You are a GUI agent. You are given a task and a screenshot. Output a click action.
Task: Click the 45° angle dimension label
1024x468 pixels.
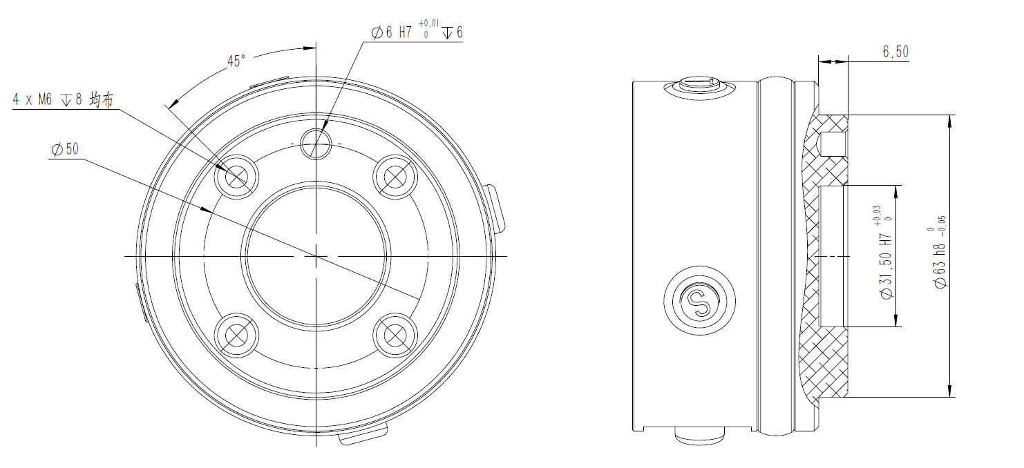pyautogui.click(x=236, y=61)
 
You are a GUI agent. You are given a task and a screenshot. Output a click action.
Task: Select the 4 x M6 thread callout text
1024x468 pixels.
pyautogui.click(x=63, y=99)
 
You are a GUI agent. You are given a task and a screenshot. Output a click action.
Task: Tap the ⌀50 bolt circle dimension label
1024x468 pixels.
pyautogui.click(x=66, y=150)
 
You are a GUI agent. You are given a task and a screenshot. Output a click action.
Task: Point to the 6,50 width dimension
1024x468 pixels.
pyautogui.click(x=895, y=52)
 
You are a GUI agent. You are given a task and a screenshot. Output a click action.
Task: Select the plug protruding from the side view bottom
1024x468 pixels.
pyautogui.click(x=700, y=436)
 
